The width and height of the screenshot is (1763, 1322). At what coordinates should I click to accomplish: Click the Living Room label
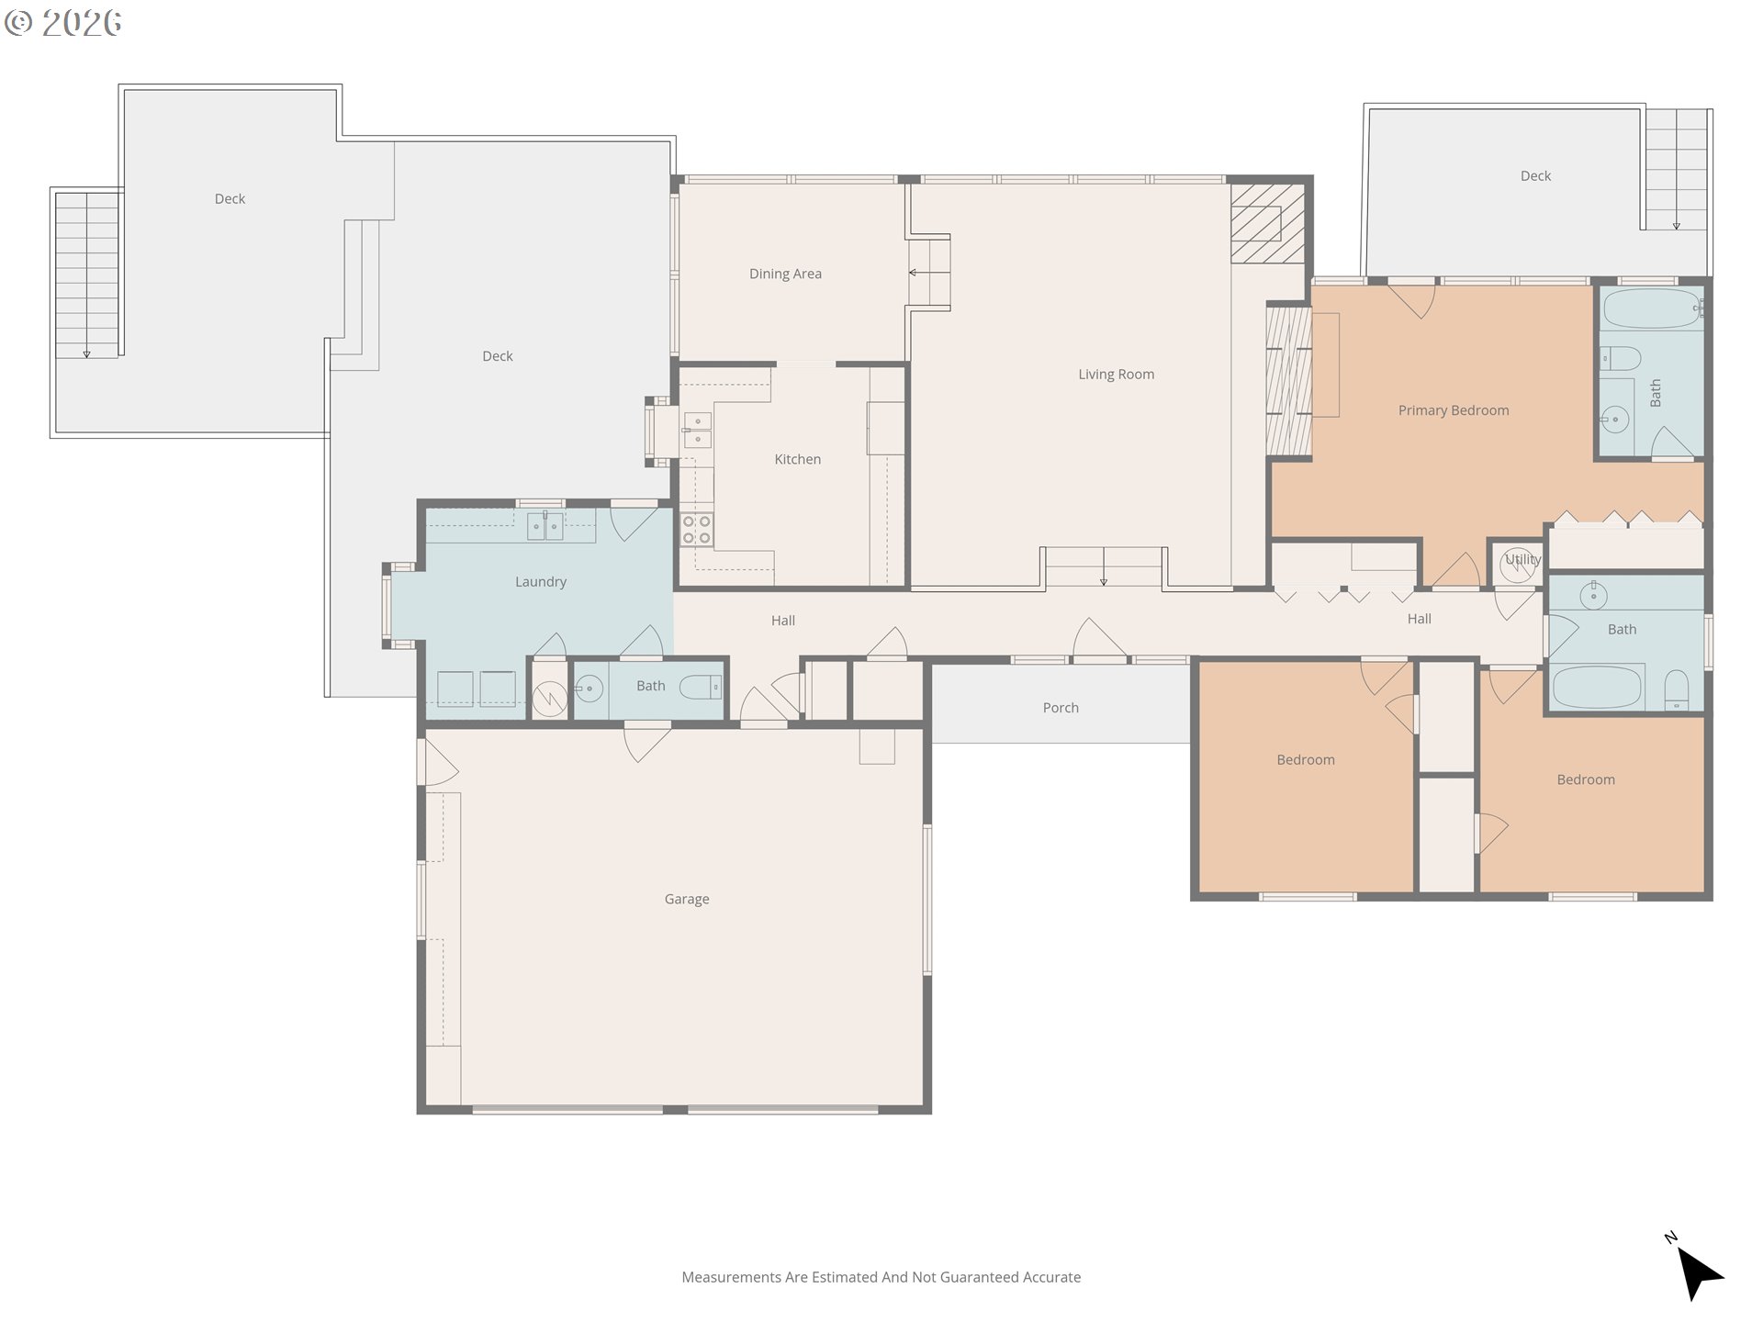click(1116, 375)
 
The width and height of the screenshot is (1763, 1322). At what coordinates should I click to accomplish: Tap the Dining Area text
click(785, 274)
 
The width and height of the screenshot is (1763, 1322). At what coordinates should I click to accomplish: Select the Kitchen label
click(797, 459)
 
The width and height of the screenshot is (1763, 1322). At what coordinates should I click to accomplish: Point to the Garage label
click(687, 900)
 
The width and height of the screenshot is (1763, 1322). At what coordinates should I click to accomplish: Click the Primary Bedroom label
click(1454, 410)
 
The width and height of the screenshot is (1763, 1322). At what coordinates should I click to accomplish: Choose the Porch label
click(1061, 708)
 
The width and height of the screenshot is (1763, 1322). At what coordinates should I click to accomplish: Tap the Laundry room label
click(541, 582)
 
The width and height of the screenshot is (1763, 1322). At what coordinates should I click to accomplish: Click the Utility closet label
click(1522, 559)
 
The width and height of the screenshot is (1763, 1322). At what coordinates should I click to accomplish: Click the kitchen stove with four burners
click(696, 531)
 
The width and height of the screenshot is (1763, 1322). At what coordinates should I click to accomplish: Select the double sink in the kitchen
click(697, 431)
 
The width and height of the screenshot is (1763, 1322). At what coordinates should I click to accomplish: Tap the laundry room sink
click(545, 526)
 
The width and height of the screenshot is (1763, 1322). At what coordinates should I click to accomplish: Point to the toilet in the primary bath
click(1621, 358)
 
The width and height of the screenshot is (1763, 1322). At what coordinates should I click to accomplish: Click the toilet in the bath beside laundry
click(700, 687)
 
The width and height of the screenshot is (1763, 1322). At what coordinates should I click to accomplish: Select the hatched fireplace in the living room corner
click(1268, 223)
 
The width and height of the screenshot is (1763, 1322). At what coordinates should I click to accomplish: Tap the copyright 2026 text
click(62, 23)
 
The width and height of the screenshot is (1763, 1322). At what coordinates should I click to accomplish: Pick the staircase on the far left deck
click(87, 274)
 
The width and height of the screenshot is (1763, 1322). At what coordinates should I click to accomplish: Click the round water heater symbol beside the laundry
click(549, 699)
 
